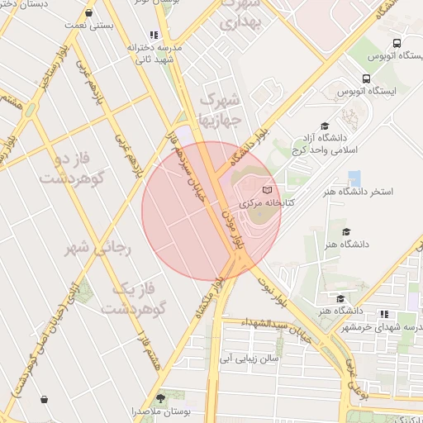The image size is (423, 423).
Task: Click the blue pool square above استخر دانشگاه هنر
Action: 354,178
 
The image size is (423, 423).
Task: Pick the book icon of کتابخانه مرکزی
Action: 266,192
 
